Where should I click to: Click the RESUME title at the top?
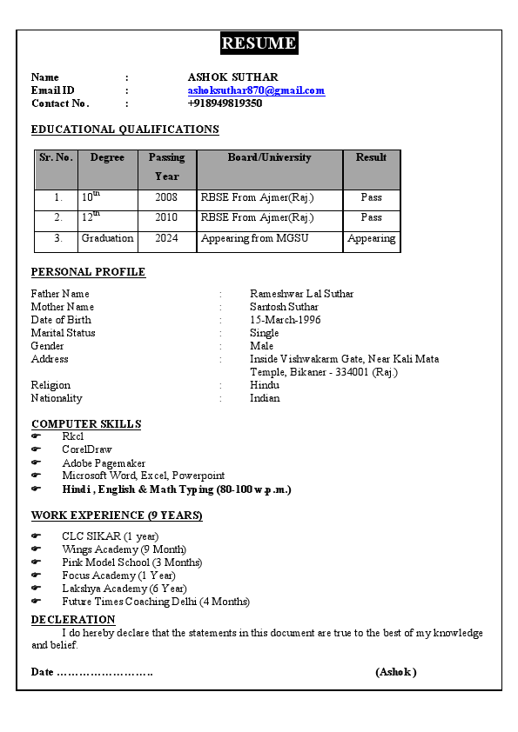pos(259,43)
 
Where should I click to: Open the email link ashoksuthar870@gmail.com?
pos(256,90)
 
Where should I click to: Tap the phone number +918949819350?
pos(225,103)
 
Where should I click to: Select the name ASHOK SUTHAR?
pos(232,77)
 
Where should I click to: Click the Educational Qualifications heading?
pos(124,130)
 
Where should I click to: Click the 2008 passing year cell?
pos(166,198)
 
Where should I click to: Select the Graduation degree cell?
pos(107,238)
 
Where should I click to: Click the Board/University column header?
pos(269,158)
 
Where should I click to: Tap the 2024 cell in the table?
pos(166,238)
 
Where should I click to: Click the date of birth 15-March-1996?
pos(285,320)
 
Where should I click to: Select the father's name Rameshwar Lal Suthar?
pos(301,294)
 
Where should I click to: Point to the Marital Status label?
pos(63,333)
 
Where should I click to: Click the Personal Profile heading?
pos(88,272)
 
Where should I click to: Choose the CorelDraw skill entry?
pos(87,449)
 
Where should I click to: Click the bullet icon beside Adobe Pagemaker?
pos(36,463)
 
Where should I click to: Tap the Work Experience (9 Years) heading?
pos(117,516)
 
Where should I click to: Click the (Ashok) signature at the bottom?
pos(396,672)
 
